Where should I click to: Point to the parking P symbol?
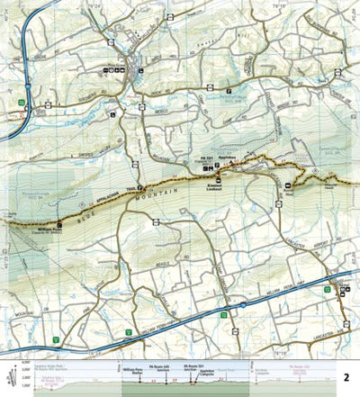229,91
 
